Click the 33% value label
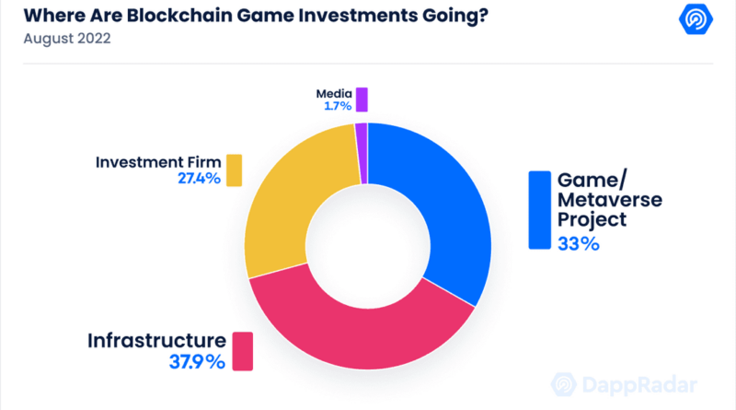click(x=578, y=244)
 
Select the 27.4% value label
click(x=199, y=178)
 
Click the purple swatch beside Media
click(x=362, y=100)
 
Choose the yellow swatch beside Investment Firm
click(x=234, y=170)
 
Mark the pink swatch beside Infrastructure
click(x=243, y=351)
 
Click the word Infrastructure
click(x=156, y=340)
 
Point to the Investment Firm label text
click(x=157, y=162)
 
